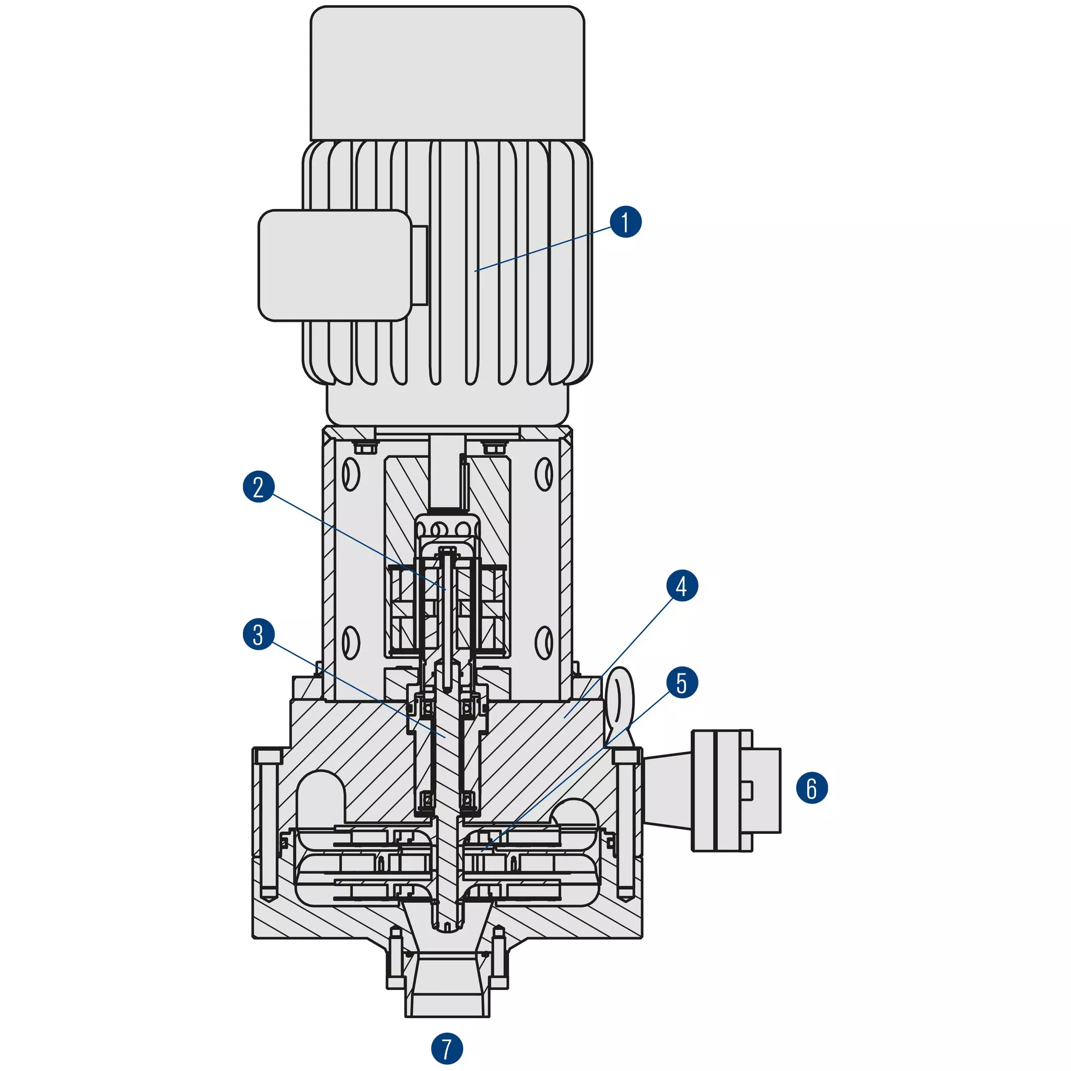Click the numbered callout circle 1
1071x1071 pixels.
[x=626, y=222]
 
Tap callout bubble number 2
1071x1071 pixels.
[x=259, y=487]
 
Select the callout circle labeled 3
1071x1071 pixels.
[x=259, y=634]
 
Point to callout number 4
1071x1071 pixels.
[x=682, y=585]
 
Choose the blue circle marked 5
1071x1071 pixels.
[x=682, y=682]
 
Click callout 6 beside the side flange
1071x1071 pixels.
[x=812, y=788]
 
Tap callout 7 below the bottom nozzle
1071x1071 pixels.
[x=447, y=1048]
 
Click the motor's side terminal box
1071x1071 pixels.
[x=335, y=265]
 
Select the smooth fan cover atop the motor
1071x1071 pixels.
[x=447, y=73]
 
